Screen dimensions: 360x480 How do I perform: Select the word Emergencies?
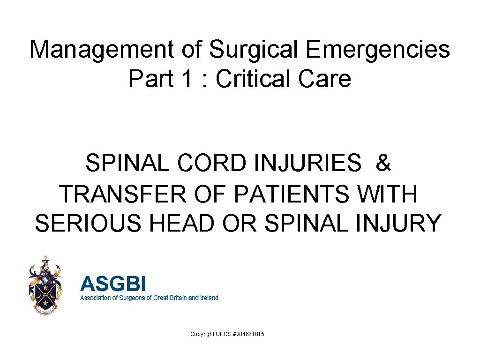[x=378, y=50]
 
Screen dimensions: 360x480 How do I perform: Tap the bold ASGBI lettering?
[x=113, y=284]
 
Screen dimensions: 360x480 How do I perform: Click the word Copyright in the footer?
[x=202, y=334]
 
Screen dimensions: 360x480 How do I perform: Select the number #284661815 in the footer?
[x=247, y=334]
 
